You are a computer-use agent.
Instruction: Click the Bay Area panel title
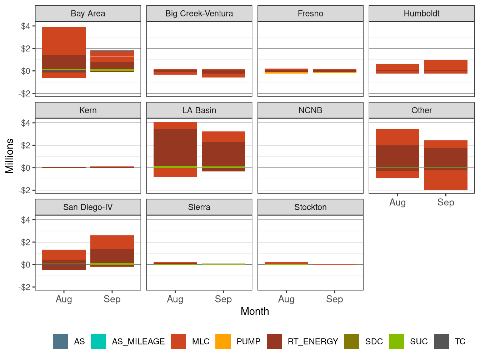[88, 14]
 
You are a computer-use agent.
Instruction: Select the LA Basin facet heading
[199, 110]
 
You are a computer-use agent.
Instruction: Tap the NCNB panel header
[310, 110]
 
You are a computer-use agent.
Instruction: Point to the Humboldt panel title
[421, 14]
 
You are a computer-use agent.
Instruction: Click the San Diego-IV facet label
[88, 207]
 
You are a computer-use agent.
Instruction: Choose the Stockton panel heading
[310, 207]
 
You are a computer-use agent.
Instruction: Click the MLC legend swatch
[179, 341]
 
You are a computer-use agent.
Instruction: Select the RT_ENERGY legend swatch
[274, 341]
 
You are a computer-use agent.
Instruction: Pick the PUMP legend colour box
[223, 341]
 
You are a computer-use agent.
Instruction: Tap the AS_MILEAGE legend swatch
[99, 341]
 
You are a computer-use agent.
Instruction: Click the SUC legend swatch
[396, 341]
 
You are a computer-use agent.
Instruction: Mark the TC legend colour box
[441, 341]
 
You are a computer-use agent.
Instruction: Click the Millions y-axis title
[10, 156]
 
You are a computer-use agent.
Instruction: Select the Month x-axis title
[255, 311]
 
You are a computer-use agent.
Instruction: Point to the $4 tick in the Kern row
[26, 123]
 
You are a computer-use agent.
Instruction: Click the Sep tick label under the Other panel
[446, 202]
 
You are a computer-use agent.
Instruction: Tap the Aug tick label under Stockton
[286, 299]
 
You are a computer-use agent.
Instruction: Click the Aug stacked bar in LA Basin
[175, 149]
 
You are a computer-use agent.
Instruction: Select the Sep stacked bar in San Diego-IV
[112, 251]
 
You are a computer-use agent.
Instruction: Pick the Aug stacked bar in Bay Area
[64, 52]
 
